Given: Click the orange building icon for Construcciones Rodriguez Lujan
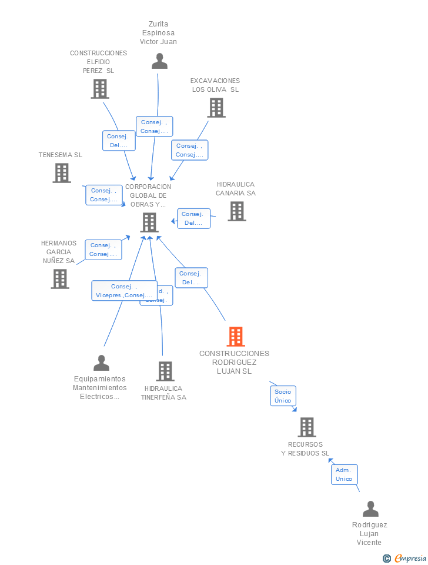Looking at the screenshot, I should (236, 337).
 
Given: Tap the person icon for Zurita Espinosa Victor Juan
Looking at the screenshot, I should (159, 61).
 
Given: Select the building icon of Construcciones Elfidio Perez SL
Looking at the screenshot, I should (100, 89).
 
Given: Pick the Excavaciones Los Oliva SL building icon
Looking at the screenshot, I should (216, 108).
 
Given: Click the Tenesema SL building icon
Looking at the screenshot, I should (62, 173).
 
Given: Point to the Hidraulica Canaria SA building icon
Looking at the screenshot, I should (237, 211).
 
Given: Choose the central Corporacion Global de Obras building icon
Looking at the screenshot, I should (149, 222).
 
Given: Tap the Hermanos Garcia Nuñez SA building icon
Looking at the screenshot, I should (60, 279).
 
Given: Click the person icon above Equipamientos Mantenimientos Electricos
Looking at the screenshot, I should (101, 363).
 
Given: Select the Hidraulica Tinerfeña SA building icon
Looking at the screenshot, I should (165, 371).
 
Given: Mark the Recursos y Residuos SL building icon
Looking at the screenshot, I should (307, 427).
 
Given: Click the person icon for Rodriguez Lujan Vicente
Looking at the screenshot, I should (370, 509).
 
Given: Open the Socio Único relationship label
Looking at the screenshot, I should (283, 395).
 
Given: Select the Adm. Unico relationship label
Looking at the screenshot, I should (344, 474).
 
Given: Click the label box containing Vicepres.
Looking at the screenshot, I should (124, 291).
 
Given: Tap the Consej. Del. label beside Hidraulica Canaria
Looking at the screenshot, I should (193, 218).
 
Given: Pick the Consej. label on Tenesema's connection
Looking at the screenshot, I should (103, 195).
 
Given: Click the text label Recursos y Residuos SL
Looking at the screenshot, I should (305, 448).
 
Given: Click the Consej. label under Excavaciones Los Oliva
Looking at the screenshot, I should (190, 150).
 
